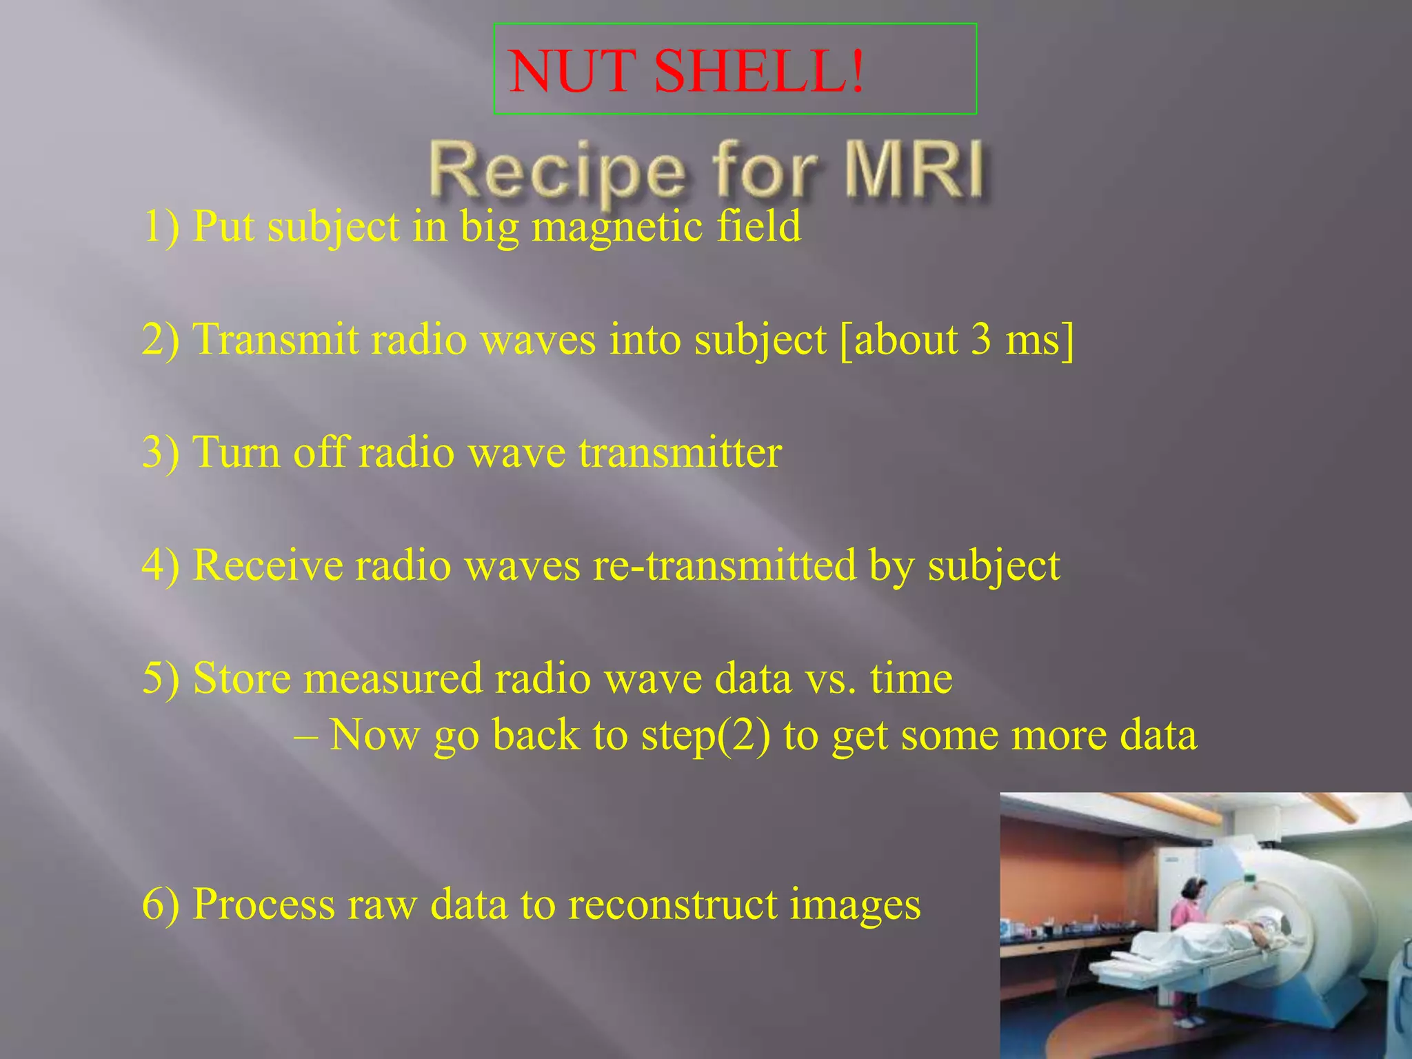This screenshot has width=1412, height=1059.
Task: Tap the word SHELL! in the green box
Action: pyautogui.click(x=758, y=72)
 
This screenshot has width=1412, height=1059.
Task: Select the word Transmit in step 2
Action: pyautogui.click(x=276, y=339)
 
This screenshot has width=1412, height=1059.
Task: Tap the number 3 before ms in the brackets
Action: pyautogui.click(x=981, y=339)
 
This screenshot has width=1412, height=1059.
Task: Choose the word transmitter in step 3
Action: pyautogui.click(x=680, y=452)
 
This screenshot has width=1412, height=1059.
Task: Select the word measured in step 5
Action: pyautogui.click(x=393, y=678)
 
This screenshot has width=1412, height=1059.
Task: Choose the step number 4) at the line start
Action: pyautogui.click(x=161, y=565)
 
